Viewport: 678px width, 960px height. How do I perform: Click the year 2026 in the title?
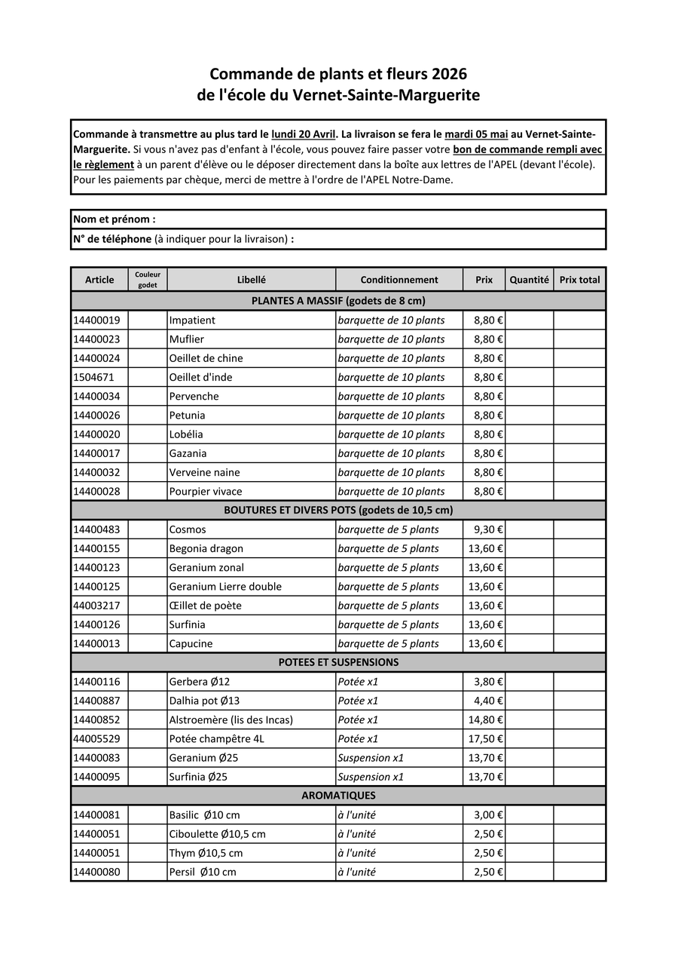coord(450,74)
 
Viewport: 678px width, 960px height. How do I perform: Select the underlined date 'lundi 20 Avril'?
coord(304,134)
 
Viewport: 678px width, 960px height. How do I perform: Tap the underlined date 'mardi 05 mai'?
coord(476,134)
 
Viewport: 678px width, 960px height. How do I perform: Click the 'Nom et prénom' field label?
coord(115,219)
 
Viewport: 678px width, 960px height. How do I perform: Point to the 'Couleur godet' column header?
coord(148,280)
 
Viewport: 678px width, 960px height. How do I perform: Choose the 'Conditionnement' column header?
coord(399,280)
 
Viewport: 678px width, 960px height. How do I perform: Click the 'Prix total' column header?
coord(579,280)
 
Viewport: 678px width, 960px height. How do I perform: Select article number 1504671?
coord(94,377)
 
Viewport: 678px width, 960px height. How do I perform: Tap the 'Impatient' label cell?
coord(192,321)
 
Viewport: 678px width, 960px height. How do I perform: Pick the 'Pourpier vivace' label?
coord(206,492)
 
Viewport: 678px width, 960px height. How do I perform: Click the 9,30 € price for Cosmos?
coord(488,529)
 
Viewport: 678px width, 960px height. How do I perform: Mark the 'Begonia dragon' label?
coord(206,548)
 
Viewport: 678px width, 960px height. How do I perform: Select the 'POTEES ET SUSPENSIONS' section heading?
coord(338,662)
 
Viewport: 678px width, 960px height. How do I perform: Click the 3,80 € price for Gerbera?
coord(488,682)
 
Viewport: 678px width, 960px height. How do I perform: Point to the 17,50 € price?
coord(486,739)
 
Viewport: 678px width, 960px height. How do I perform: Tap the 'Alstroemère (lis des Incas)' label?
coord(231,719)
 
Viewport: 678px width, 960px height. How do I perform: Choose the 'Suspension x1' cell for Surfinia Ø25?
coord(371,777)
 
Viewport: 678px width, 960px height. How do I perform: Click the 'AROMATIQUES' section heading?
coord(338,796)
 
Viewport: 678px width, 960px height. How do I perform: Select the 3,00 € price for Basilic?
coord(488,815)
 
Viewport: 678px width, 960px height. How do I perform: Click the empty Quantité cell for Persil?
coord(529,872)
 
